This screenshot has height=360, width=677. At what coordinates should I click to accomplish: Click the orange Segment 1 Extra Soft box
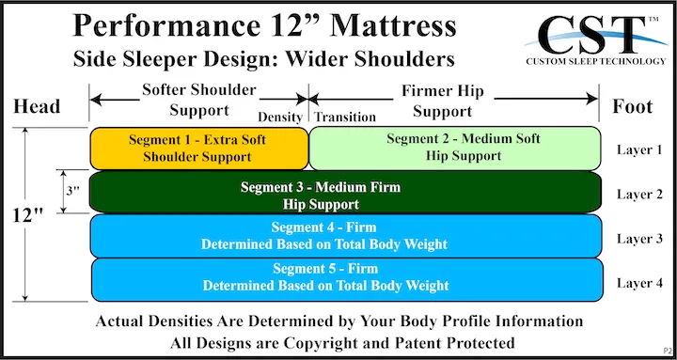pos(198,148)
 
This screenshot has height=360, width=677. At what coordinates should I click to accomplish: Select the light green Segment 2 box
pos(454,148)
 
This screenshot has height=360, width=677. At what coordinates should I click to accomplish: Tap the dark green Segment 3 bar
pos(346,193)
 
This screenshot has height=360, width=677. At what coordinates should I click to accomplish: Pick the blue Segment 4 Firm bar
pos(346,235)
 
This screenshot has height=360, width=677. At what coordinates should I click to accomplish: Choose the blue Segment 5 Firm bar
pos(346,278)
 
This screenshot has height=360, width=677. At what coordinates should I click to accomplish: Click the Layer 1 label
pos(639,149)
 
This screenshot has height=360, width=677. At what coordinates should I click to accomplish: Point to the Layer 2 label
pos(639,194)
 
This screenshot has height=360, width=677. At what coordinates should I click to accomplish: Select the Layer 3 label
pos(639,238)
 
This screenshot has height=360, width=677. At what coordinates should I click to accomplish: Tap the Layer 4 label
pos(639,282)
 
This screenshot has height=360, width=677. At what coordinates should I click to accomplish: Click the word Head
pos(37,106)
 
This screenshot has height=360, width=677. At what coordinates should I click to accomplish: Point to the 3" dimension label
pos(72,192)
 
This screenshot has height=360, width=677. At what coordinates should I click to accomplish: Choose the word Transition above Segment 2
pos(344,117)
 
